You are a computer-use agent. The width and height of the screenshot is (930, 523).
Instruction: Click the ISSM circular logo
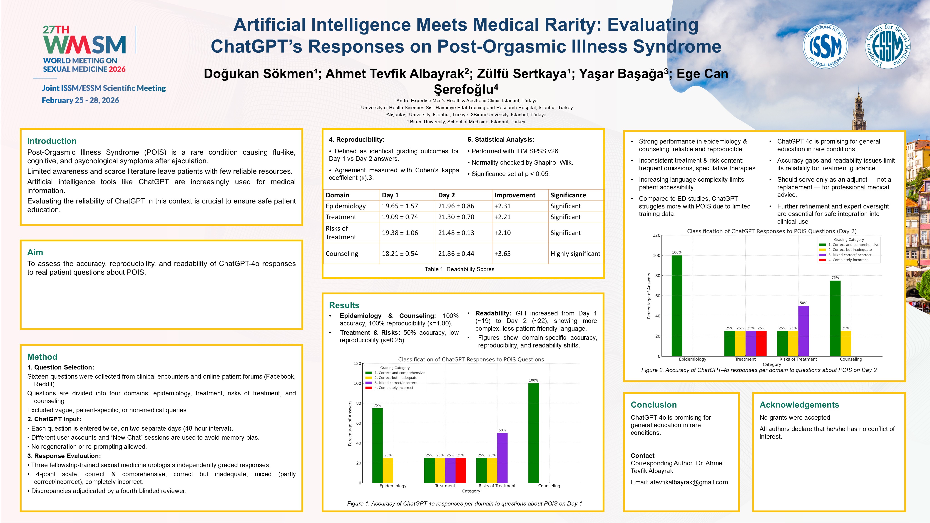click(825, 46)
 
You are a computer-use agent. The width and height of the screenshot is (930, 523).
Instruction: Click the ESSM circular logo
click(888, 46)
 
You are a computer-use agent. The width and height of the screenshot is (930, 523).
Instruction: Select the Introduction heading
click(52, 141)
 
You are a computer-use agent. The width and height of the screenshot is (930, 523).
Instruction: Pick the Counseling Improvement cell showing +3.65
click(502, 254)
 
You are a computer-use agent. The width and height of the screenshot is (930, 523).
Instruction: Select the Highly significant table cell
click(575, 254)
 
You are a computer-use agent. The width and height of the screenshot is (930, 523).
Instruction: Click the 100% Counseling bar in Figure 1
click(533, 433)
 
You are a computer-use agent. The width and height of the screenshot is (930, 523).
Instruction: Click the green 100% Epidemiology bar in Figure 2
click(676, 305)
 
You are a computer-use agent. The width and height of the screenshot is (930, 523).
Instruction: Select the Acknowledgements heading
click(799, 405)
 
